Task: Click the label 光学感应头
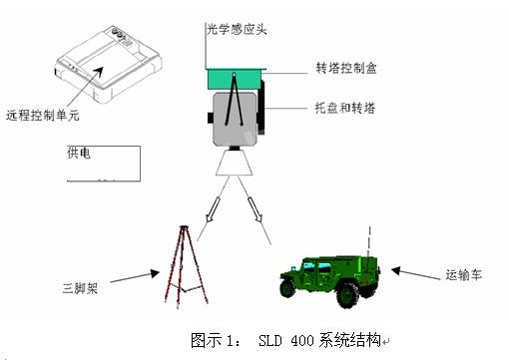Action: [237, 29]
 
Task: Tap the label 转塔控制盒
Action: [346, 68]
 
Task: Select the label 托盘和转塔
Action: [345, 108]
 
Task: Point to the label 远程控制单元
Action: [43, 115]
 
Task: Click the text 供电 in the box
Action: [79, 153]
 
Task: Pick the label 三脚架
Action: [80, 288]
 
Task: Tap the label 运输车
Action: [463, 274]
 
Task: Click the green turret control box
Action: [237, 79]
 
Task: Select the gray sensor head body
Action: [235, 119]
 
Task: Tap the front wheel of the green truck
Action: [287, 287]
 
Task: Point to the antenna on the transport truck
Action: [369, 242]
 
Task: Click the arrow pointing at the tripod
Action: [135, 277]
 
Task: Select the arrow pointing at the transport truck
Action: [415, 273]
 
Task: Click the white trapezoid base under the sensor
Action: [235, 163]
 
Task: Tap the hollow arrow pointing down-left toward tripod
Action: [213, 209]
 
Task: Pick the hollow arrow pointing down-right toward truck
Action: [254, 209]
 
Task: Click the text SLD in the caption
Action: [269, 340]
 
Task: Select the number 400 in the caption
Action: [302, 340]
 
